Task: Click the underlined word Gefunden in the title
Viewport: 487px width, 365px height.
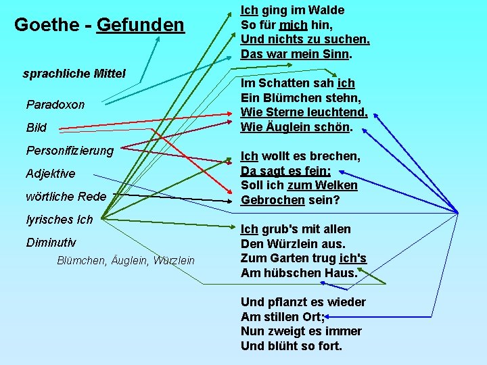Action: click(x=140, y=25)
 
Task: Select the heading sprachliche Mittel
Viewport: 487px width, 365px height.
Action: click(x=74, y=73)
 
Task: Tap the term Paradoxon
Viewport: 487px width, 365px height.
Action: click(x=55, y=105)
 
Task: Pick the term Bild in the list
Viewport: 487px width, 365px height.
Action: click(x=37, y=128)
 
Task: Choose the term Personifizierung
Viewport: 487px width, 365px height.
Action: click(x=70, y=150)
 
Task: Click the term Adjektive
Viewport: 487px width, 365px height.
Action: click(x=51, y=174)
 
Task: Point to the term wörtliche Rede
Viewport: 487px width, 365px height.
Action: click(x=66, y=197)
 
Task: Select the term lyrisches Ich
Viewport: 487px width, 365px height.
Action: click(x=60, y=219)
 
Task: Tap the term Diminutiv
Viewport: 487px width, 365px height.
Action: click(x=51, y=243)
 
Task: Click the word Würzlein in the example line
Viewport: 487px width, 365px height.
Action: click(x=174, y=260)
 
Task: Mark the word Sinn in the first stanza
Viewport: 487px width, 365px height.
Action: click(x=338, y=54)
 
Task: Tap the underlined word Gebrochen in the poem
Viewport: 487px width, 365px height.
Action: click(x=271, y=200)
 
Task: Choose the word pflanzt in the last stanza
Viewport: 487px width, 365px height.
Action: click(x=288, y=302)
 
